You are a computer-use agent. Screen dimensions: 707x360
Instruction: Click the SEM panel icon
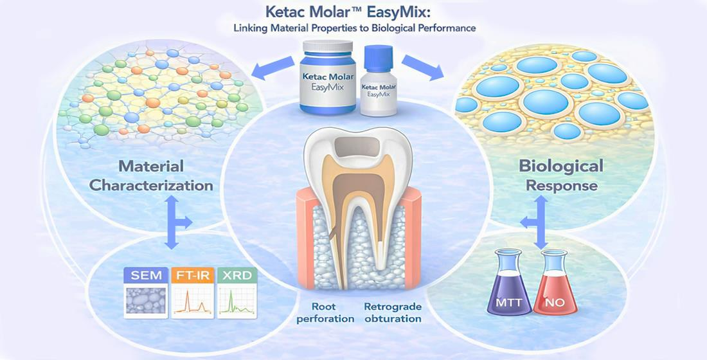(146, 292)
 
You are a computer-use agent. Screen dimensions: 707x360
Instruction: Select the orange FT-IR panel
(192, 292)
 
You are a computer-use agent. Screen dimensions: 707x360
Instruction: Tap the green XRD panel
(237, 292)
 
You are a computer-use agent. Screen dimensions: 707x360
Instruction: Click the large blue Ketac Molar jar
(328, 76)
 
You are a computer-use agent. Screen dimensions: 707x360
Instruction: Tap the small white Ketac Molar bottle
(379, 86)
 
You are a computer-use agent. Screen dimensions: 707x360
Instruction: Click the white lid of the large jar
(328, 46)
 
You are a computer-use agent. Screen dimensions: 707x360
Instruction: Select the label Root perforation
(327, 312)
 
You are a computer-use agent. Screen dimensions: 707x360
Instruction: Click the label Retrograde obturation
(393, 312)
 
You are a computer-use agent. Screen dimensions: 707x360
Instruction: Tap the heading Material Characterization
(151, 175)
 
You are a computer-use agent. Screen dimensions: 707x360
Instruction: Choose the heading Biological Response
(561, 175)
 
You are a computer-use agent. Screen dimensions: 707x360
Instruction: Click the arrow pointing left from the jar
(273, 66)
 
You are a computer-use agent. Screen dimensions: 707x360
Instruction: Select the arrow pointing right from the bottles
(422, 67)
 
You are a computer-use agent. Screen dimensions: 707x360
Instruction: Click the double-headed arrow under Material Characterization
(172, 222)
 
